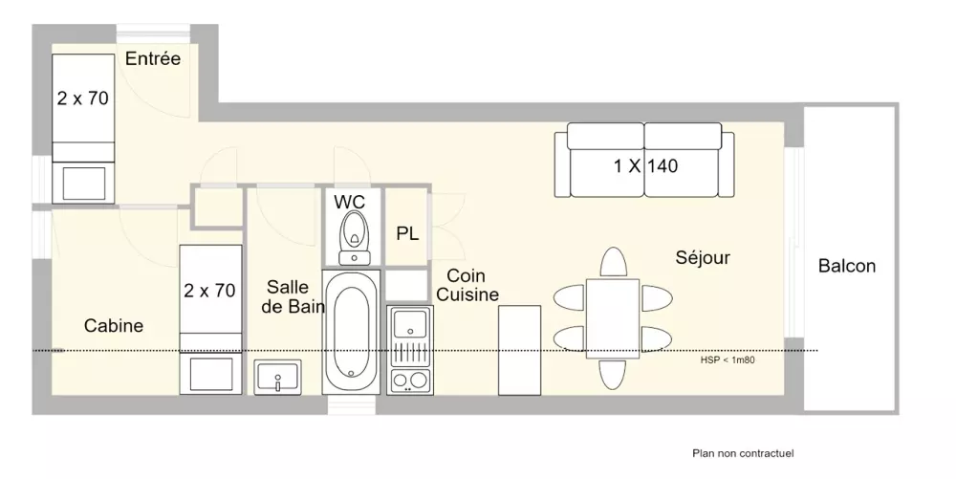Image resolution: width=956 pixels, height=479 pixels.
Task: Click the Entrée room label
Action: coord(153,58)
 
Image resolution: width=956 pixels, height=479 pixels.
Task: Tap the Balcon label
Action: coord(847,266)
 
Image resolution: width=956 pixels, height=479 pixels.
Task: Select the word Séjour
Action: coord(703,258)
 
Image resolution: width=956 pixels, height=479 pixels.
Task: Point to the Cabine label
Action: coord(114,325)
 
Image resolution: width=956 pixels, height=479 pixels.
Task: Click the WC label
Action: coord(349,202)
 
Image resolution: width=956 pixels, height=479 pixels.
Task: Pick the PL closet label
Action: coord(407,232)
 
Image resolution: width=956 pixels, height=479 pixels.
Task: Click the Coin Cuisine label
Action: coord(467,285)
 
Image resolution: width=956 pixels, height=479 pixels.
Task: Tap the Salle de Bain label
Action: coord(293,296)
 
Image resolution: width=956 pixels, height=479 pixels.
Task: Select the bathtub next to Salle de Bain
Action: coord(351,332)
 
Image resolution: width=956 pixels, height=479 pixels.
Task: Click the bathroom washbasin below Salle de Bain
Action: coord(278,378)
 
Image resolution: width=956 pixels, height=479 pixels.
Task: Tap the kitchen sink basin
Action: coord(410,323)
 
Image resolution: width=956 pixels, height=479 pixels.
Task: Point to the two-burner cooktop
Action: coord(410,381)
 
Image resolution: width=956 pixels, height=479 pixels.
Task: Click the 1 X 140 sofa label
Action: coord(645,165)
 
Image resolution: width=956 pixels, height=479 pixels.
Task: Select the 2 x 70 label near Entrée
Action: coord(83,98)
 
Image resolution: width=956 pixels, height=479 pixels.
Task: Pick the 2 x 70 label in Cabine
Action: coord(209,290)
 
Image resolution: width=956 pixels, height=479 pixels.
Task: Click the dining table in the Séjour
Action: coord(613,318)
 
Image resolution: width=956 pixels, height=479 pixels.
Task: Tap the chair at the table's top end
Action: coord(614,263)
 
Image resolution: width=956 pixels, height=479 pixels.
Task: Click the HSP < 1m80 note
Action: coord(728,360)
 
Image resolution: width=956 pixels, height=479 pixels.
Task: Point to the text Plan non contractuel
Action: coord(743,453)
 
